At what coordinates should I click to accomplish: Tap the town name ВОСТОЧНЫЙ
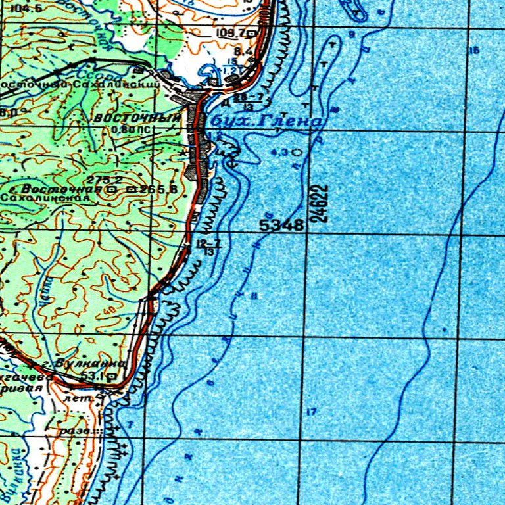point(137,118)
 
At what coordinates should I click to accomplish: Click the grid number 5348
point(281,226)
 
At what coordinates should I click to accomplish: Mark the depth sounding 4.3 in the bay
point(280,152)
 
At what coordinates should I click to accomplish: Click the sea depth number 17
point(311,412)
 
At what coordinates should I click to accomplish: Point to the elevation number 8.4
point(243,51)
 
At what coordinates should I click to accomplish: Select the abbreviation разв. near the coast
point(74,431)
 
